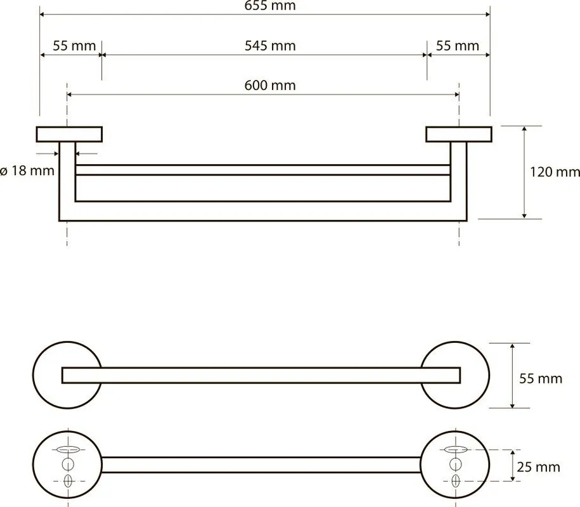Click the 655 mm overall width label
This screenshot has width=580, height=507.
[270, 6]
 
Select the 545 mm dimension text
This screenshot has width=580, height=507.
[270, 46]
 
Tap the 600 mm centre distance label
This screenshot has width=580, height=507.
[270, 86]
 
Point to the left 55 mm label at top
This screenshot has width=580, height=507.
[74, 46]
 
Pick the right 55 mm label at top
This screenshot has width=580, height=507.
[458, 46]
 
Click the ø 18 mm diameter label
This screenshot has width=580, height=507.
[27, 171]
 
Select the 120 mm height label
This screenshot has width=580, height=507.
[555, 172]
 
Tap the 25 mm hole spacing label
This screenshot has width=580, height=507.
[539, 467]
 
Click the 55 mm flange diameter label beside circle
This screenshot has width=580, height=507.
[541, 379]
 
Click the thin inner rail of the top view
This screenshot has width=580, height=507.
[263, 170]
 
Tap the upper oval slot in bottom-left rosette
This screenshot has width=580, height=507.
[68, 450]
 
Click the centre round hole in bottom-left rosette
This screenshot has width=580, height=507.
[68, 464]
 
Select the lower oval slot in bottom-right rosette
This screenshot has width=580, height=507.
[456, 481]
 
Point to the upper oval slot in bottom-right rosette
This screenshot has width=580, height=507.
[456, 450]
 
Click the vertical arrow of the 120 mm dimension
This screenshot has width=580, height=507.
[524, 172]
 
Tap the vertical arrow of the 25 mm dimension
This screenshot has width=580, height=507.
[513, 466]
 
